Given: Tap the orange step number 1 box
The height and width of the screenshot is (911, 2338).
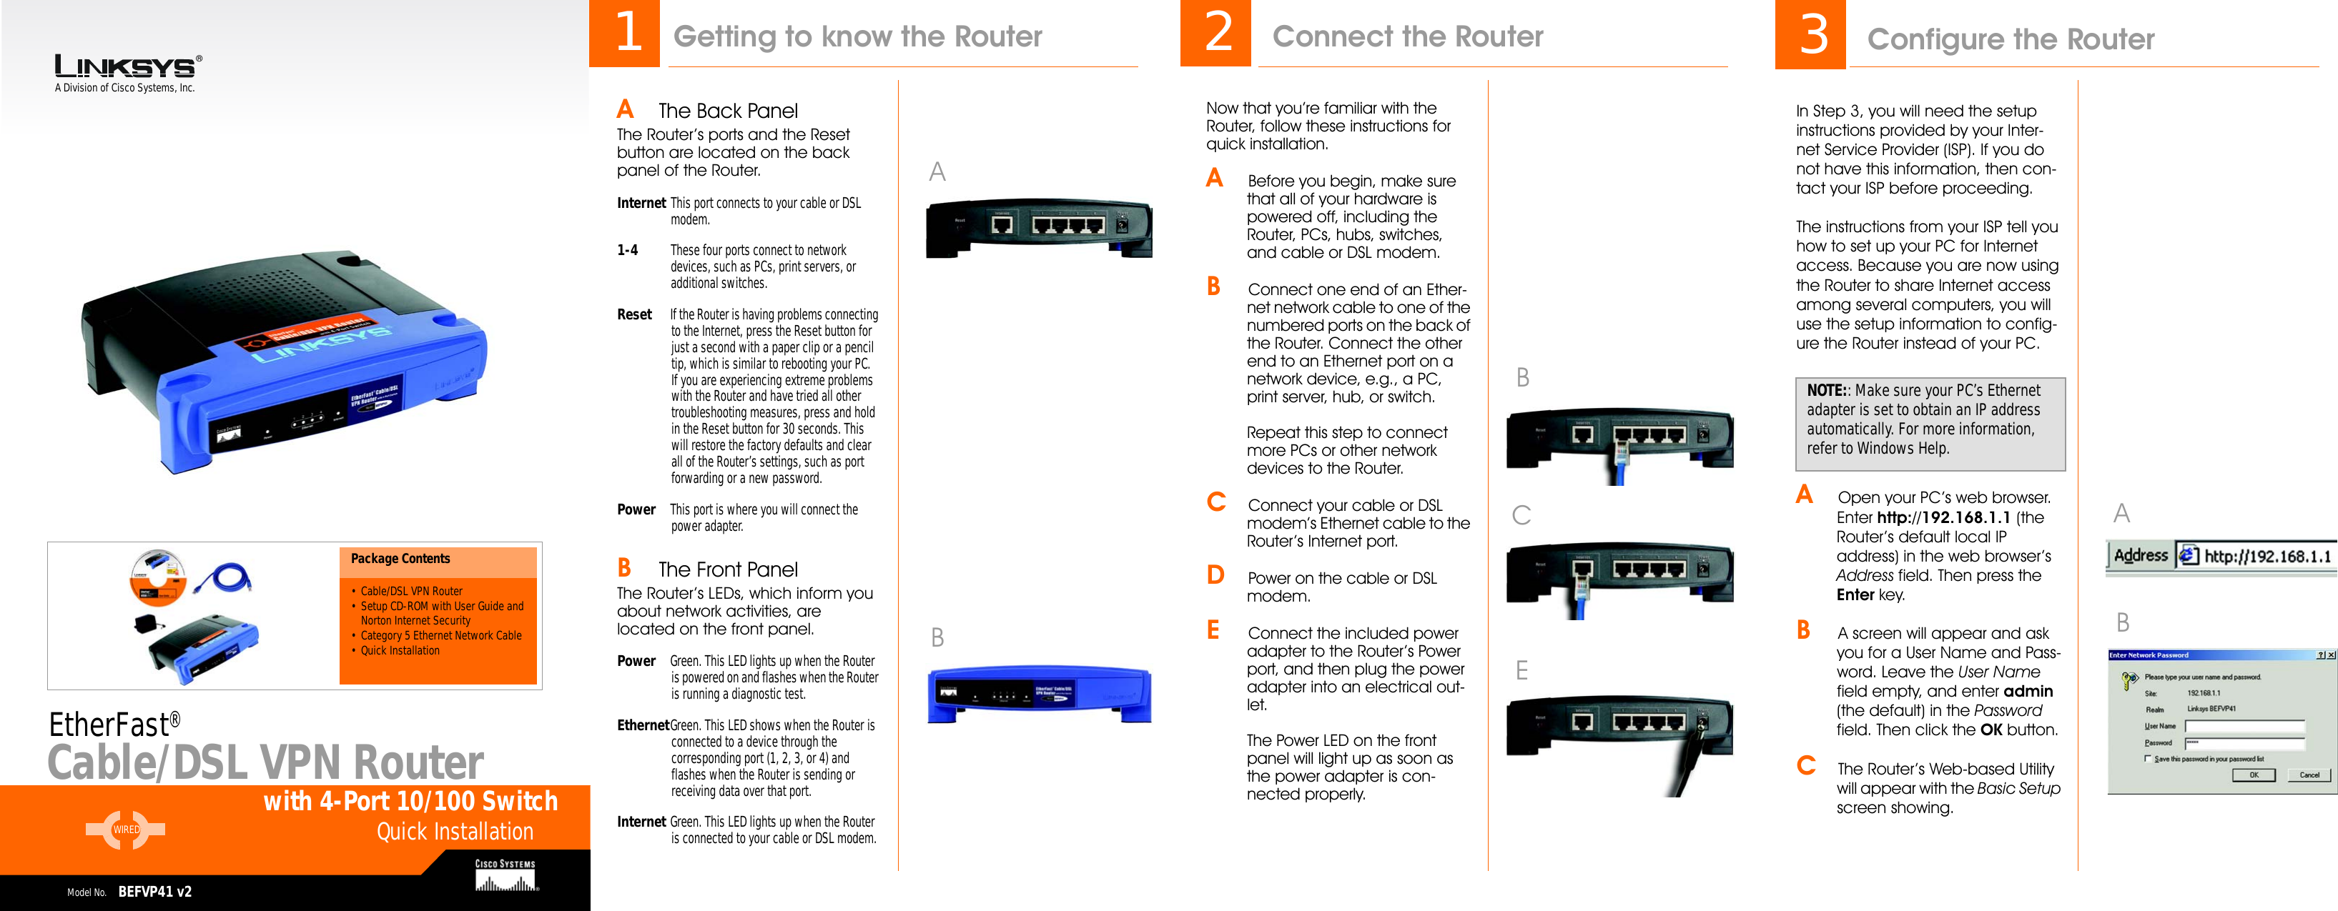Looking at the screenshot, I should coord(626,34).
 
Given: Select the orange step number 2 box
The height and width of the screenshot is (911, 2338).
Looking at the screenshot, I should coord(1216,34).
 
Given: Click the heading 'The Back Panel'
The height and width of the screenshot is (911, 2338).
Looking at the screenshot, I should coord(728,111).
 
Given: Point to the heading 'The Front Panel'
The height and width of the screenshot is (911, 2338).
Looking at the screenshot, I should coord(728,570).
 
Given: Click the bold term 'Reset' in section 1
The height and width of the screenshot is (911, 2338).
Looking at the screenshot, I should coord(634,315).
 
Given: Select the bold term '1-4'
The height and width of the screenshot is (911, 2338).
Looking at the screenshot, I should coord(627,250).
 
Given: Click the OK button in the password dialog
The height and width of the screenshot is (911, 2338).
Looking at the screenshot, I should coord(2253,775).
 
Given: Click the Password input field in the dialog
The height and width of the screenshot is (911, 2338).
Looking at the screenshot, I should coord(2244,743).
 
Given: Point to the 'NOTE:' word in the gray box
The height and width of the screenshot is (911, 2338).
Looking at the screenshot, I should coord(1826,390).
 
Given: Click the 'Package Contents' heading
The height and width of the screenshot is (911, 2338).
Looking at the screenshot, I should coord(400,559).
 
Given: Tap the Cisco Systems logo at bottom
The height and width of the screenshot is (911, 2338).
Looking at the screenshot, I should coord(505,875).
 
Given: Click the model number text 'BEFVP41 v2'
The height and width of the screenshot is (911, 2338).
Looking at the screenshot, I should coord(155,891).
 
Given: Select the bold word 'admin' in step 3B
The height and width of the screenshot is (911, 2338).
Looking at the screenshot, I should coord(2028,692).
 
